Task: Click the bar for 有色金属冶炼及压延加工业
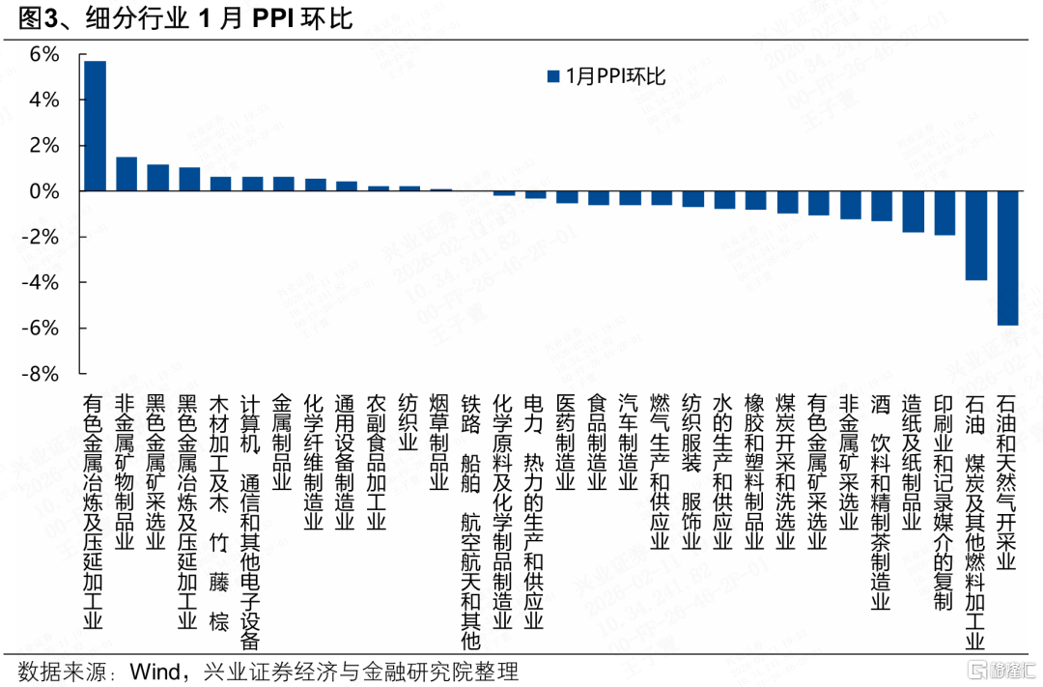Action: point(95,127)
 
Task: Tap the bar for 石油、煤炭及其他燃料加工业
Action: point(976,236)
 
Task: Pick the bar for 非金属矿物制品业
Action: point(126,174)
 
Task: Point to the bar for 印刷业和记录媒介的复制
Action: point(944,214)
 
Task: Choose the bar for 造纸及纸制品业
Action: point(914,212)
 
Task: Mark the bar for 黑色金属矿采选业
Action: point(157,178)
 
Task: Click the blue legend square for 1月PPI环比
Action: point(552,76)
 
